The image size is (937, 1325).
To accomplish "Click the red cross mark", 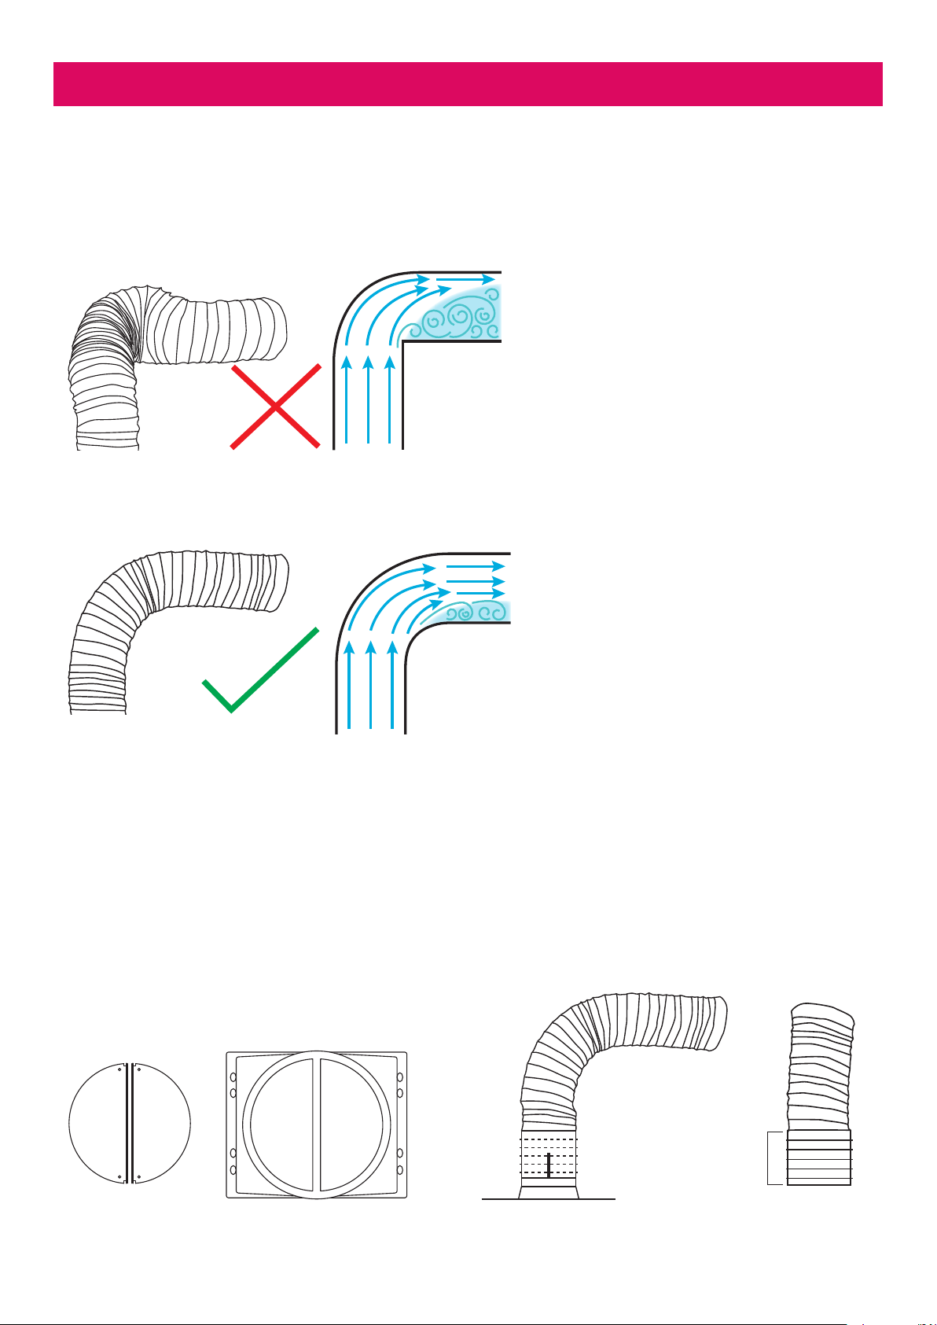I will (x=276, y=406).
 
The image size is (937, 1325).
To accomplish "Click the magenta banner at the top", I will (x=468, y=83).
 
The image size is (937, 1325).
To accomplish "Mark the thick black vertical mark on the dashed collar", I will (x=548, y=1165).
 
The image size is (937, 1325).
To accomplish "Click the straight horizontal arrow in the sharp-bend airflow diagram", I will (x=468, y=278).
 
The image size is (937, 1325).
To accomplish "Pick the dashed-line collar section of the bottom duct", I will (x=549, y=1156).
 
